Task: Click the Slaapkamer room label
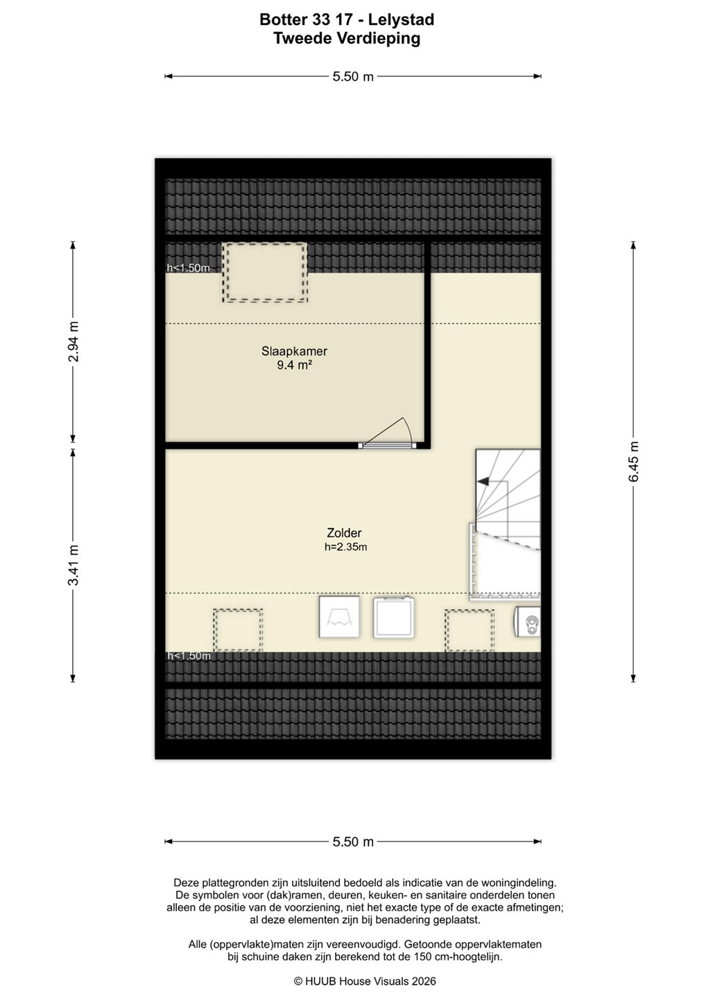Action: pos(294,351)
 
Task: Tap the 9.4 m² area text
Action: pos(294,365)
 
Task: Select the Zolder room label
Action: pos(344,532)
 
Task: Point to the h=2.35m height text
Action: pos(345,547)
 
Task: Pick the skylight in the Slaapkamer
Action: pos(265,272)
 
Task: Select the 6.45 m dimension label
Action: pos(633,461)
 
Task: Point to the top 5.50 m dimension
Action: pos(353,76)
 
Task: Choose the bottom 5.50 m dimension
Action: pos(353,841)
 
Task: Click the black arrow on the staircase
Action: pos(483,481)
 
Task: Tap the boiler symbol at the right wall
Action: pos(528,622)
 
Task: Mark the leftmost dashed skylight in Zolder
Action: pos(238,631)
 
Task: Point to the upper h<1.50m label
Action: pos(188,268)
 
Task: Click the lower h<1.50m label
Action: pos(189,656)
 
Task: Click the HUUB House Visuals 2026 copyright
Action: pos(365,981)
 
